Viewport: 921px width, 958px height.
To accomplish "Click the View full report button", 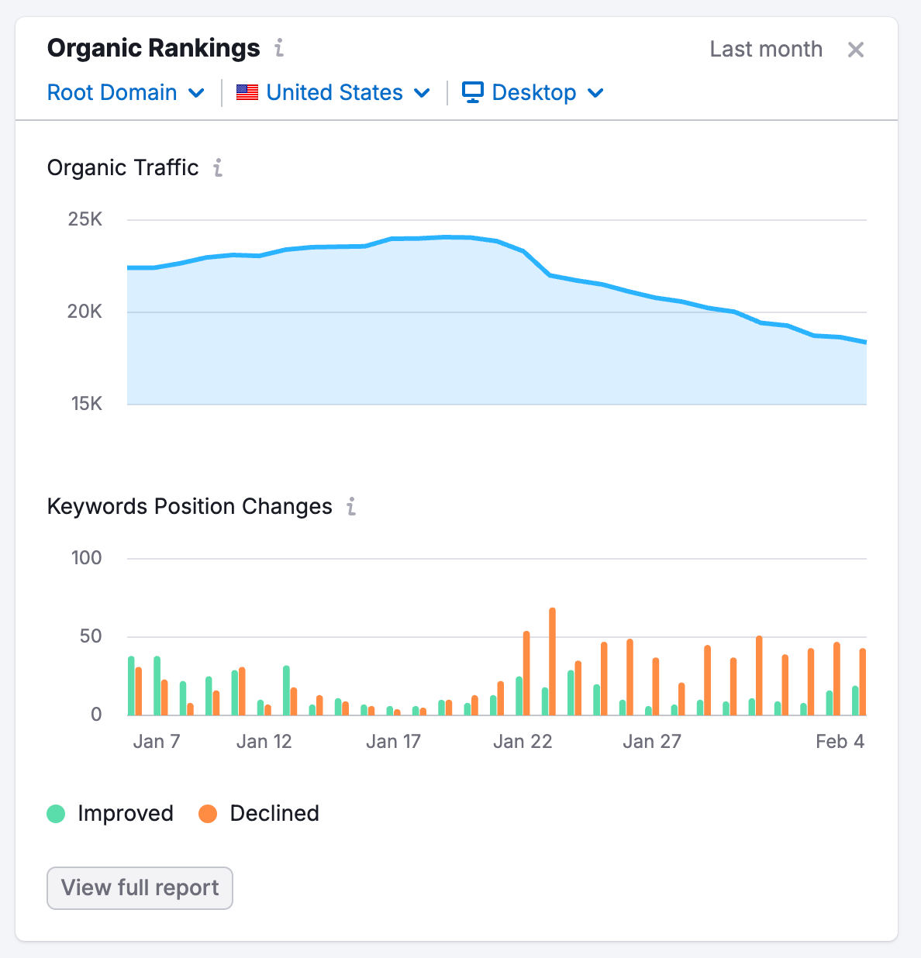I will click(140, 887).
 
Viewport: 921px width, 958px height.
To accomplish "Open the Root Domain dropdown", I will click(126, 93).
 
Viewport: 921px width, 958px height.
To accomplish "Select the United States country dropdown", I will click(334, 93).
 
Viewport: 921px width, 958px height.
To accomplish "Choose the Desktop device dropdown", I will click(533, 93).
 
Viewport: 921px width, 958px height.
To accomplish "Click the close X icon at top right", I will click(855, 50).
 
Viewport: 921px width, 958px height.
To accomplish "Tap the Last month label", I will click(765, 50).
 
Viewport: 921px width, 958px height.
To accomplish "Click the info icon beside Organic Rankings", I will click(279, 49).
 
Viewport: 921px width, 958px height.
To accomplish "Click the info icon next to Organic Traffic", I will click(219, 168).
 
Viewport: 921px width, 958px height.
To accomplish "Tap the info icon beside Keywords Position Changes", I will click(351, 507).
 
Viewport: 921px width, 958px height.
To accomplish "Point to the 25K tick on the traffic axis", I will click(85, 219).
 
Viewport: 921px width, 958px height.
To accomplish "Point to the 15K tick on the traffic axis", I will click(87, 404).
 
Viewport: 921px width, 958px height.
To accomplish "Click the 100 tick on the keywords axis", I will click(87, 558).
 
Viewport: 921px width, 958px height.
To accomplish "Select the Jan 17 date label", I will click(393, 742).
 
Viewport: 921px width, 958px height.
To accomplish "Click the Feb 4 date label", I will click(840, 742).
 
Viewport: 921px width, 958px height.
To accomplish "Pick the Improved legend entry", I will click(110, 814).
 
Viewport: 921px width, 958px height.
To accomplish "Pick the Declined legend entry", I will click(259, 814).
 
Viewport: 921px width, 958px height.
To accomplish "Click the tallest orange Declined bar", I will click(552, 660).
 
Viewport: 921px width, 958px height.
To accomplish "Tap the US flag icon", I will click(247, 92).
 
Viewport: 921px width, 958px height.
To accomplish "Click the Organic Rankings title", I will click(153, 48).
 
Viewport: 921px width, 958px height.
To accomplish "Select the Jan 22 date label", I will click(523, 742).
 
